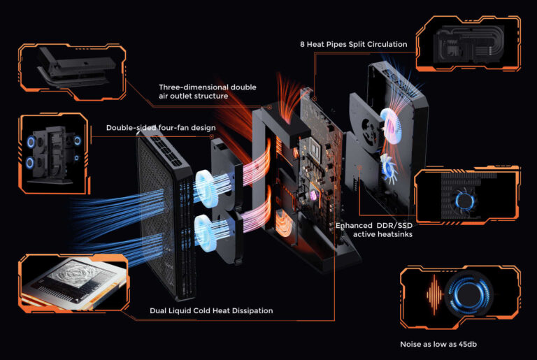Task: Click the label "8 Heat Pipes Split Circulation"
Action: tap(353, 44)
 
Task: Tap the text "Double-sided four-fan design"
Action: tap(161, 128)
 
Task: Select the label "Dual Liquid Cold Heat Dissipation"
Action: tap(211, 310)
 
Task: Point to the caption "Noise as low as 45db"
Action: tap(438, 344)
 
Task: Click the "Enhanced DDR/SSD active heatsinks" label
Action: tap(374, 230)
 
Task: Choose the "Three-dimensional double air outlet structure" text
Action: tap(208, 92)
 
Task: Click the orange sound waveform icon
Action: tap(435, 294)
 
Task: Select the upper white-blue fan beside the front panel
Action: tap(206, 189)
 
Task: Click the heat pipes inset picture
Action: tap(468, 43)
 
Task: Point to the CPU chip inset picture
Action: tap(74, 282)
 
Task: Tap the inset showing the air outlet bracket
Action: tap(72, 72)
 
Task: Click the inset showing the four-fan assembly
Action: tap(54, 153)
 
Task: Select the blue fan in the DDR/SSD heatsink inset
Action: tap(464, 201)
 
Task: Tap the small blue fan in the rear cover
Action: tap(389, 167)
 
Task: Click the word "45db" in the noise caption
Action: tap(467, 344)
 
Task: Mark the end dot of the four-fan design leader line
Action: tap(212, 136)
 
